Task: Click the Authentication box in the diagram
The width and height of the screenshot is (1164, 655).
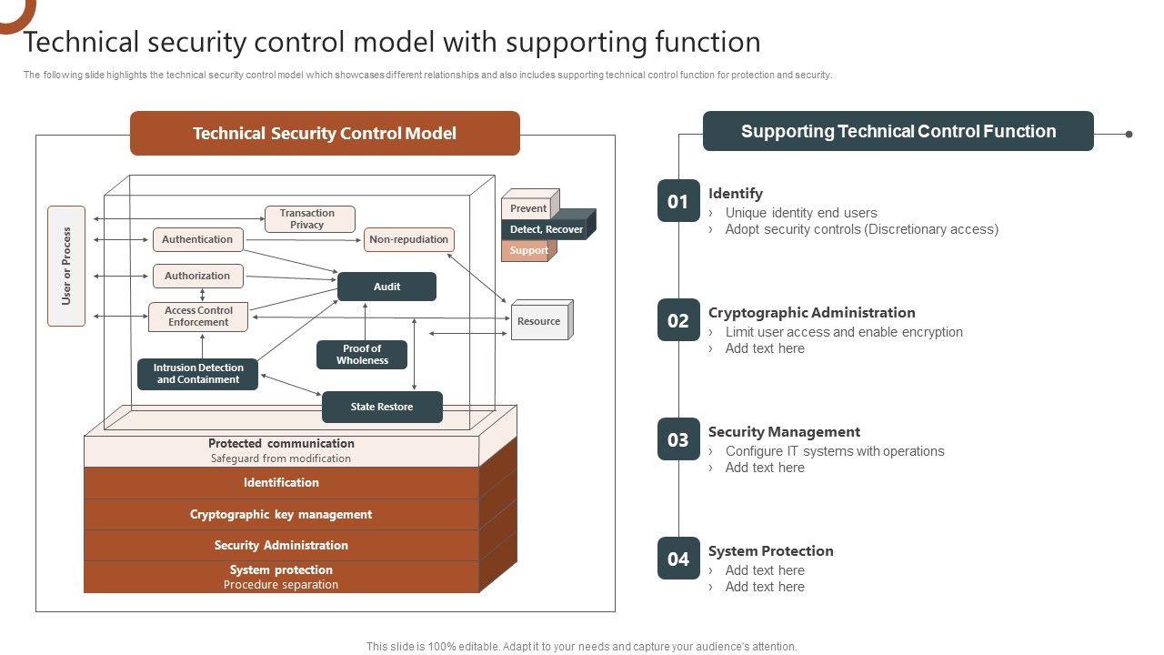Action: (x=197, y=239)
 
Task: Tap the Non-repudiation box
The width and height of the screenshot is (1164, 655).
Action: (x=408, y=239)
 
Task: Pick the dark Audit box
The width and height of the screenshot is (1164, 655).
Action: (x=386, y=287)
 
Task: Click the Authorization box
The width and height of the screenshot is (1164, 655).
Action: (x=197, y=276)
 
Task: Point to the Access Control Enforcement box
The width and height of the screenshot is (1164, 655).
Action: (x=198, y=317)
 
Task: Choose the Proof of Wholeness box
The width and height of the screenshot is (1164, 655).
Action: (x=362, y=355)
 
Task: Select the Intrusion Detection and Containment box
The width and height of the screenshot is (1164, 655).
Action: (x=197, y=374)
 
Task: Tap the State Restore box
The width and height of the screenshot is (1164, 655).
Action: (x=382, y=407)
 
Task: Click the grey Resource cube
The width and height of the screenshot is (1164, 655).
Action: (x=539, y=321)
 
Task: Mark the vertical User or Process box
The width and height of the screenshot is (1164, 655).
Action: (x=66, y=266)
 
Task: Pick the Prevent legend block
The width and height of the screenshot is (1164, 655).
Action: (x=528, y=208)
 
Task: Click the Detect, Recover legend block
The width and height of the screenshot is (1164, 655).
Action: (x=546, y=229)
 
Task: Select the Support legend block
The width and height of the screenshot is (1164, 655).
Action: (x=527, y=250)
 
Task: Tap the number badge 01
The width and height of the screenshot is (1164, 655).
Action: (x=678, y=201)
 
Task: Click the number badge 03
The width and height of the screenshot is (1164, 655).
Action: (x=678, y=439)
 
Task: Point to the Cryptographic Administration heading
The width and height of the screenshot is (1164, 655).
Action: (x=811, y=312)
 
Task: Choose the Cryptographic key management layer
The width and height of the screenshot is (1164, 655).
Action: (x=281, y=514)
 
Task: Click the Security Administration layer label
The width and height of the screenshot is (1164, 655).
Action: (x=281, y=545)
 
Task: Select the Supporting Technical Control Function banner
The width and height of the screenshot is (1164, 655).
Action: (x=898, y=131)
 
